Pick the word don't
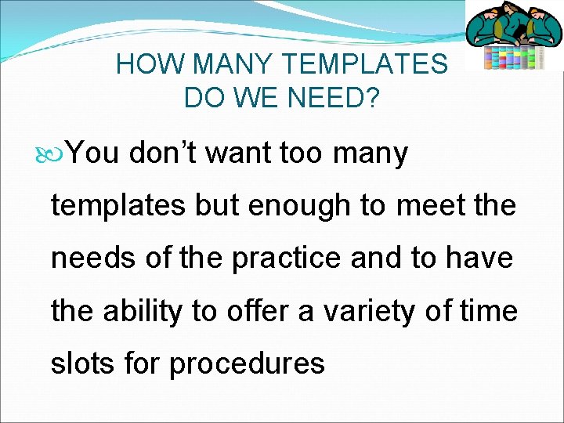coord(164,153)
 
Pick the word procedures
coord(247,363)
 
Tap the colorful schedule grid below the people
coord(513,57)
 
